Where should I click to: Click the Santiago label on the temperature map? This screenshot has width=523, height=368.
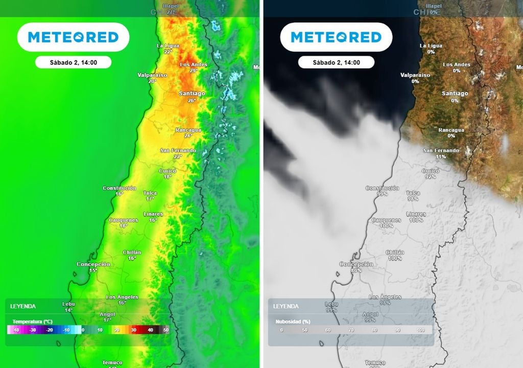(x=192, y=94)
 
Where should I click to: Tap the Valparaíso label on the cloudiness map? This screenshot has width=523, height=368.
(x=415, y=75)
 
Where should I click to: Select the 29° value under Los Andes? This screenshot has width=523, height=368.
(x=193, y=71)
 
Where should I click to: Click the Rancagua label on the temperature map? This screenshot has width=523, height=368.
(x=188, y=130)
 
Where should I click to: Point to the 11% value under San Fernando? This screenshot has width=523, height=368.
(x=440, y=156)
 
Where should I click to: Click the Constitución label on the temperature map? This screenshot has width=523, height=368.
(x=120, y=188)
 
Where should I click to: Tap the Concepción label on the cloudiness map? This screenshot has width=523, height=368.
(x=356, y=264)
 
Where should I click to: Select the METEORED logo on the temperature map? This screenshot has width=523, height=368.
(x=73, y=37)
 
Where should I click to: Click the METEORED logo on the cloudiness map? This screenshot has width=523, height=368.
(x=336, y=37)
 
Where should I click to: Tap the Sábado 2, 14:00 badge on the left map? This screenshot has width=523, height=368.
(x=73, y=62)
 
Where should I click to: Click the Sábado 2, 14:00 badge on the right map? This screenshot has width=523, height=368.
(x=336, y=62)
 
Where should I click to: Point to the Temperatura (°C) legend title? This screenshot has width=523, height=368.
(x=33, y=321)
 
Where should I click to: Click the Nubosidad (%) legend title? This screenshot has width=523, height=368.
(x=293, y=321)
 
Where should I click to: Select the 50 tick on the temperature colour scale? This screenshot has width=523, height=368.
(x=166, y=330)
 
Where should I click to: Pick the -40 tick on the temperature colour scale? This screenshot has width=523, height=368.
(x=16, y=330)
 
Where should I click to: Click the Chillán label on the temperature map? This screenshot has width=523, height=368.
(x=132, y=252)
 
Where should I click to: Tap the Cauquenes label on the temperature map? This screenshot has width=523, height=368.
(x=124, y=220)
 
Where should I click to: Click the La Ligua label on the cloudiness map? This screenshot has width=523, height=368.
(x=431, y=45)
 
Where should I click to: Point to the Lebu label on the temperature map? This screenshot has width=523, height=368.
(x=68, y=304)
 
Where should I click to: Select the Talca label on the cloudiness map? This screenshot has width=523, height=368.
(x=413, y=193)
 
